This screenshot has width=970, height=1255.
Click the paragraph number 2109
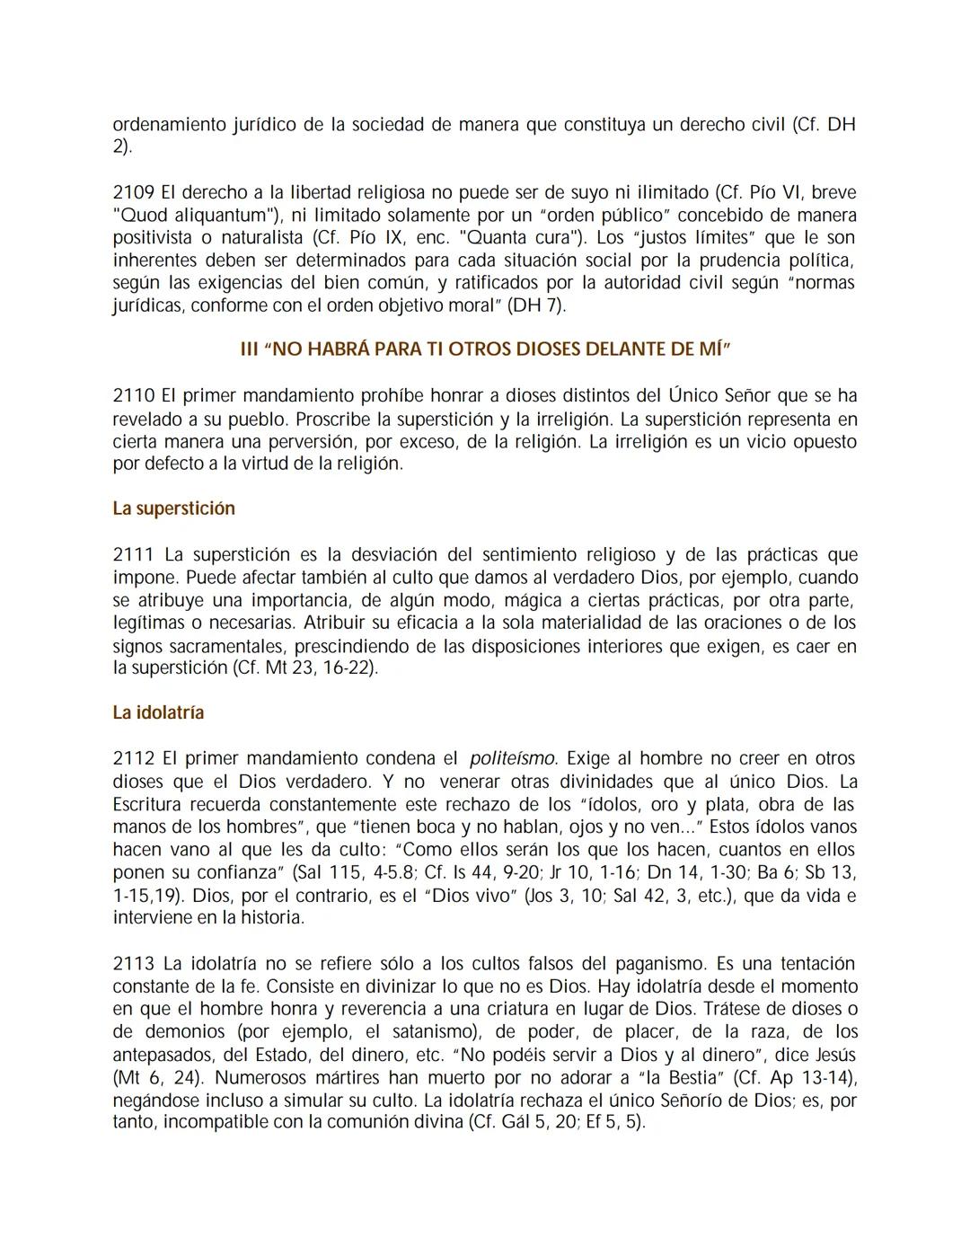point(133,192)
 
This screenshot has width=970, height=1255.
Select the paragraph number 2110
point(133,396)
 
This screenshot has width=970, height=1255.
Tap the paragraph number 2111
point(133,555)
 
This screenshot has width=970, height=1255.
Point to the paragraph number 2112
point(133,759)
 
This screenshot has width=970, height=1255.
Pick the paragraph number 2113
point(133,964)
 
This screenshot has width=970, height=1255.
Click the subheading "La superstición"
point(173,508)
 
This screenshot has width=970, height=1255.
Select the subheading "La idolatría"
point(158,712)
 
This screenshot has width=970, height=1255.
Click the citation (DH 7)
point(537,305)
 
